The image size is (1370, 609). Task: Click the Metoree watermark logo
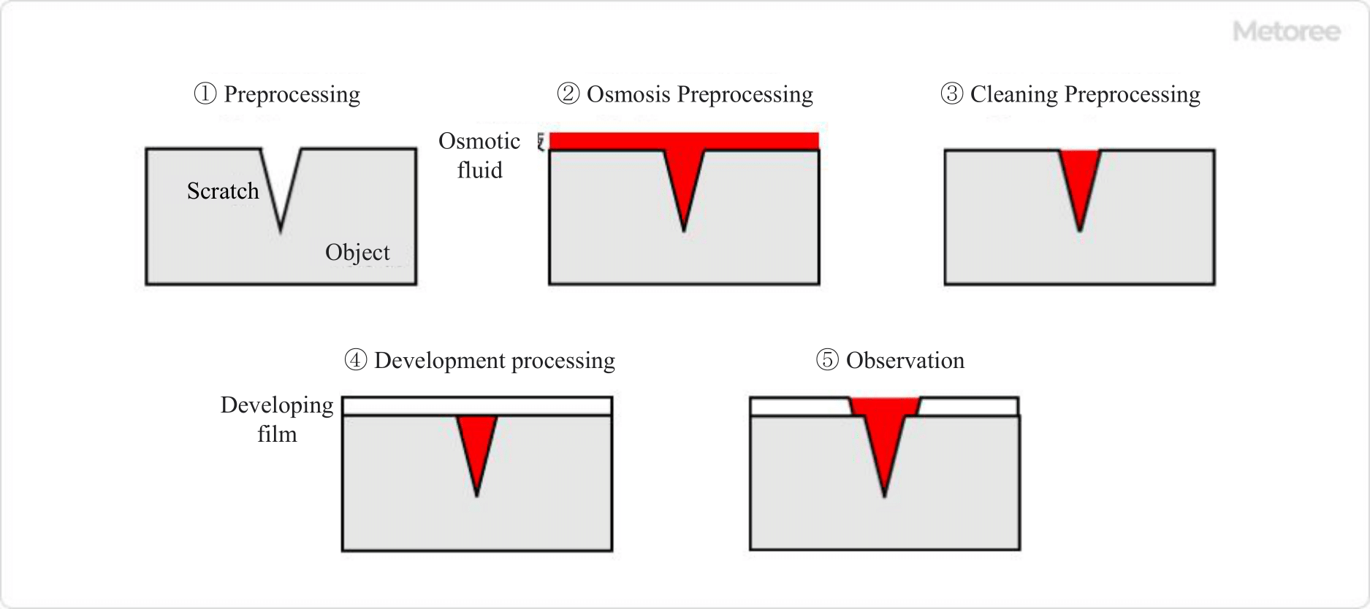(1286, 31)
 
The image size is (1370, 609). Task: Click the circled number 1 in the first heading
(205, 94)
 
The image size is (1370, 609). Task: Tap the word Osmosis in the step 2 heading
(628, 94)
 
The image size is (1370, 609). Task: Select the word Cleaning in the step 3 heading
(1013, 94)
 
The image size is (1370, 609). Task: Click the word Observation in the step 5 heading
(905, 361)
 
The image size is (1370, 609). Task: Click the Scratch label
(223, 191)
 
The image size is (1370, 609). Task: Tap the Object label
(357, 253)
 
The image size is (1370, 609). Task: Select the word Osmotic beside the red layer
(479, 141)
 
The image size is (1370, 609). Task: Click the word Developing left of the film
(277, 405)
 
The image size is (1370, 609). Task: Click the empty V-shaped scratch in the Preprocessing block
(281, 179)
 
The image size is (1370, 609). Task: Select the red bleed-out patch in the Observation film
(884, 406)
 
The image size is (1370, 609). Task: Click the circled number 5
(827, 361)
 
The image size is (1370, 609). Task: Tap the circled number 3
(951, 94)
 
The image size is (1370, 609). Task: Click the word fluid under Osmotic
(479, 171)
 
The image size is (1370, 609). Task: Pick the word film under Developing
(277, 434)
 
